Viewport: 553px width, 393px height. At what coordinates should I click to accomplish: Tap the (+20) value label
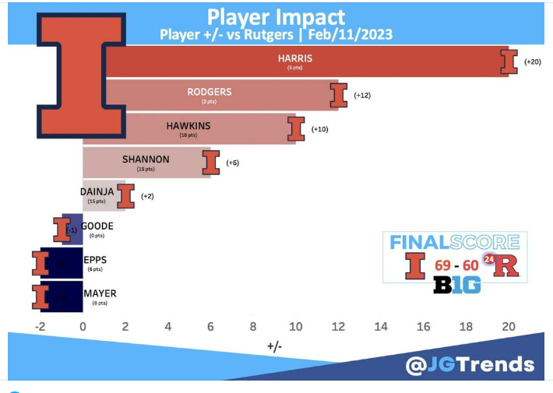click(x=532, y=61)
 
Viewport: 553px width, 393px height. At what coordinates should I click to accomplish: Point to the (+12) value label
click(x=363, y=95)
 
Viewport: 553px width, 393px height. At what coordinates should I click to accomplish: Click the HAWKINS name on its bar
click(x=188, y=125)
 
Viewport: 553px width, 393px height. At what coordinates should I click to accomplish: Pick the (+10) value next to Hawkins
click(x=319, y=128)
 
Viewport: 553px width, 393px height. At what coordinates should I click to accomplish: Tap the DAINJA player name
click(x=98, y=191)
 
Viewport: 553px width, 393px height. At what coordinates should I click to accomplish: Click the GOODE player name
click(x=97, y=226)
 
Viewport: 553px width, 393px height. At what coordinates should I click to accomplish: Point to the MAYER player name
click(x=100, y=293)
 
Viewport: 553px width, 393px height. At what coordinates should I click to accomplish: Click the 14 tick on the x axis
click(x=381, y=327)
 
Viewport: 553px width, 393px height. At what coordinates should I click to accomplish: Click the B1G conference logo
click(x=456, y=286)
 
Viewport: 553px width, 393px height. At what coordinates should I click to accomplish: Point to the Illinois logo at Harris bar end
click(x=509, y=61)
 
